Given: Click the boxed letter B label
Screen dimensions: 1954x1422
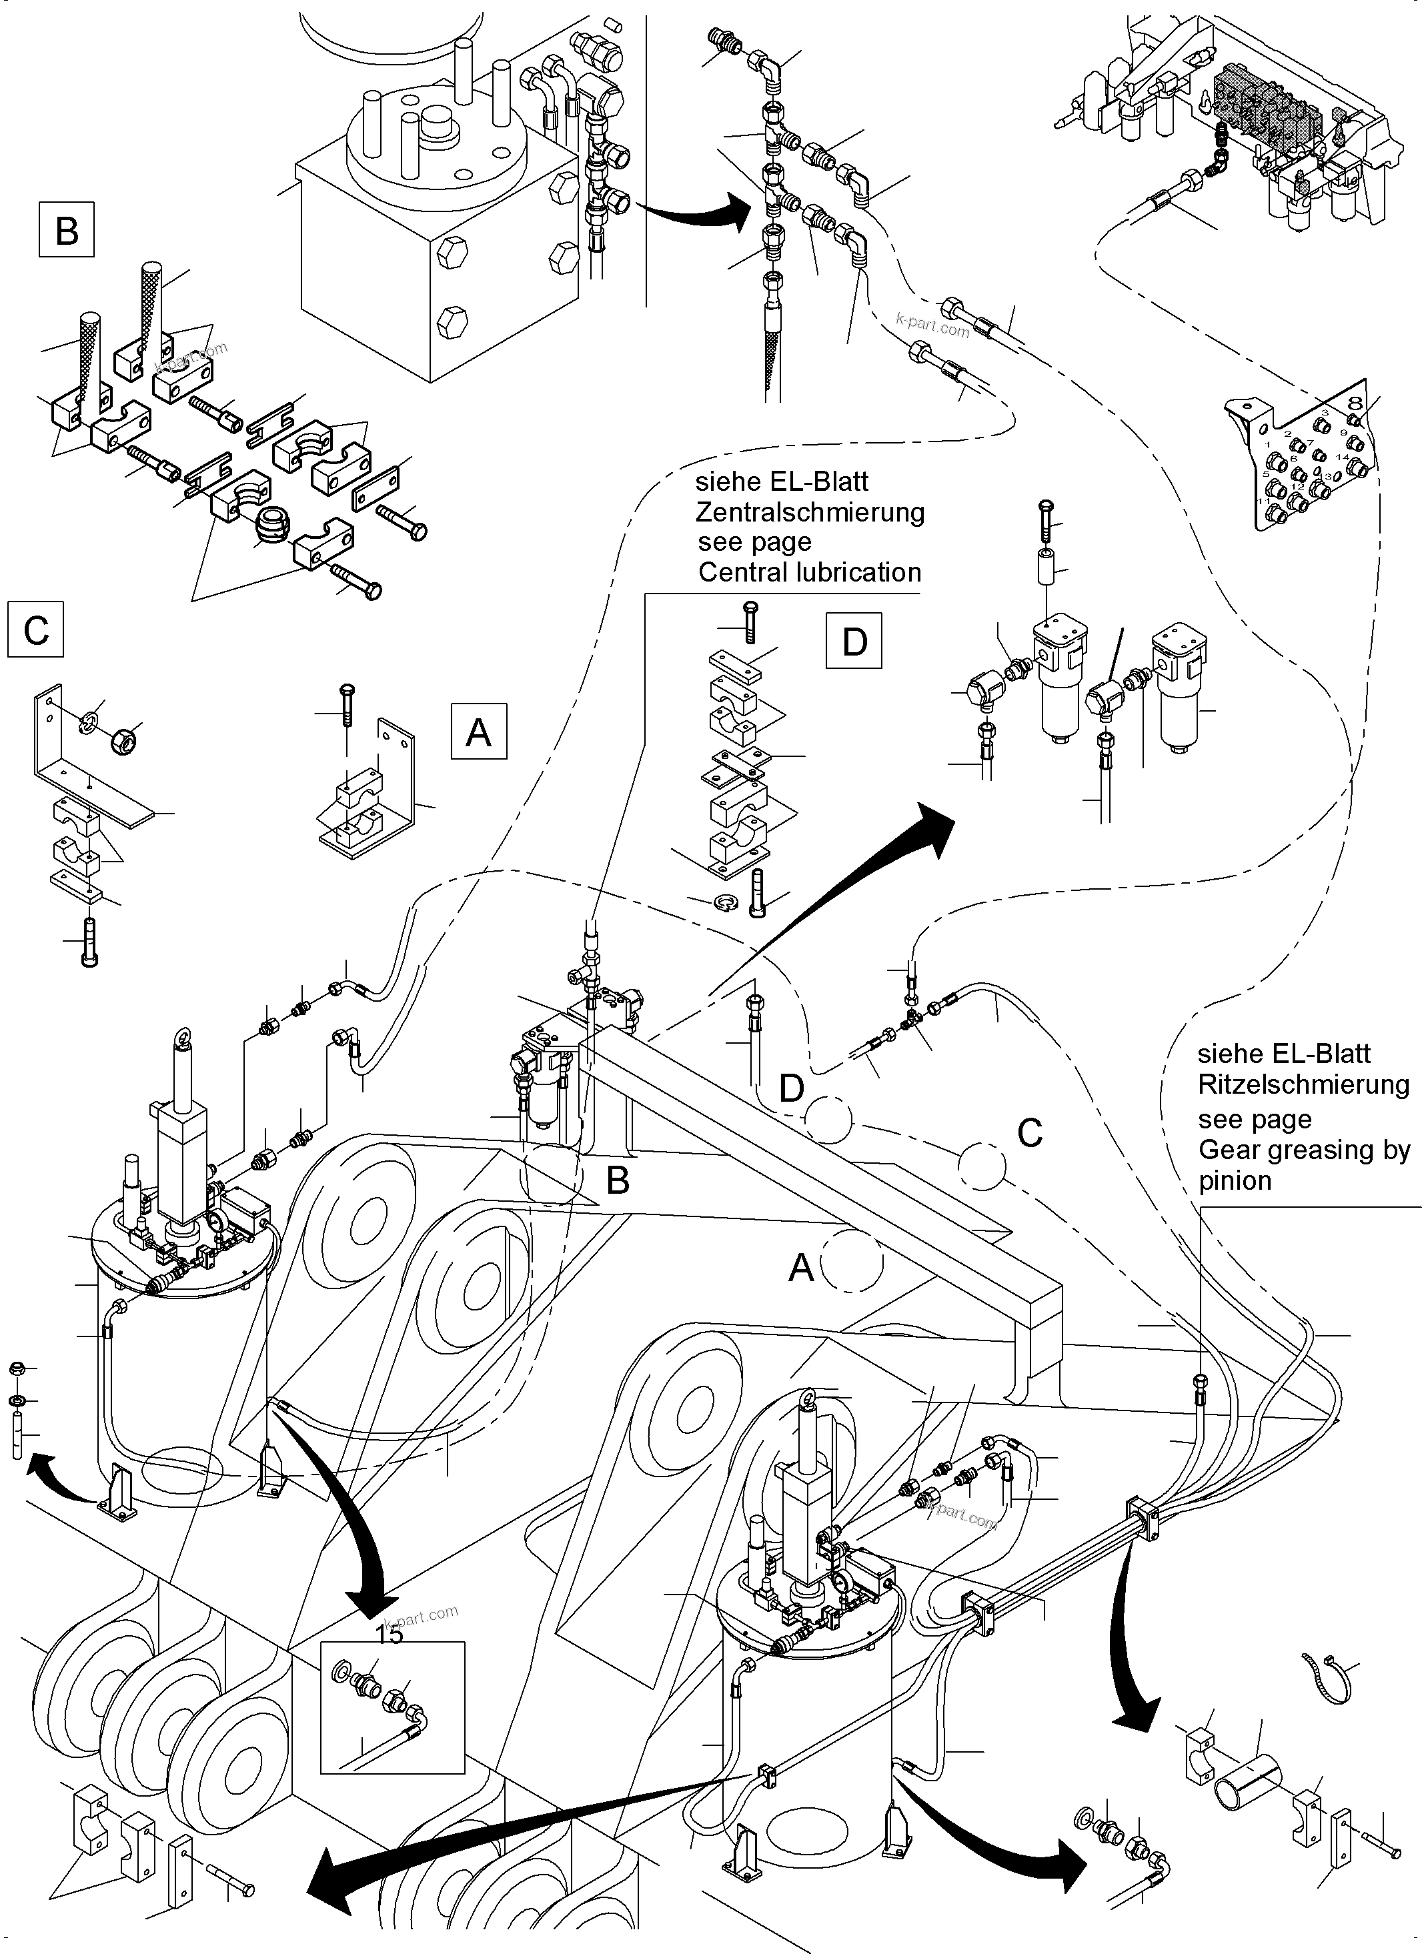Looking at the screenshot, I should click(x=66, y=230).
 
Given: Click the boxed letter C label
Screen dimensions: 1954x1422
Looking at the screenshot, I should click(x=36, y=631).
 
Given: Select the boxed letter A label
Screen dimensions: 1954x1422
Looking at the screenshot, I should click(x=478, y=732).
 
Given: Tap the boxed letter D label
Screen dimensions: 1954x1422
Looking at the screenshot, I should click(x=853, y=641).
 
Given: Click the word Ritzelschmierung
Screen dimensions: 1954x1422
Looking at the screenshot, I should click(x=1303, y=1084).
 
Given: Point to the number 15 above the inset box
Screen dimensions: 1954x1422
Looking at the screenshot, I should click(x=390, y=1635).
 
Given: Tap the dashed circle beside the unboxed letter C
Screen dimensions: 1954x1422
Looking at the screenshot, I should click(x=982, y=1165).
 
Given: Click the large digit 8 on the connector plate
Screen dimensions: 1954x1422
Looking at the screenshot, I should click(x=1354, y=402).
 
